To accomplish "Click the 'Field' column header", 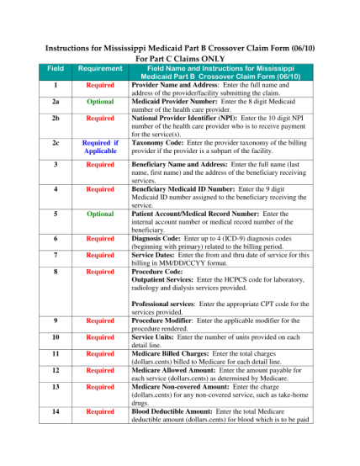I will pyautogui.click(x=55, y=68).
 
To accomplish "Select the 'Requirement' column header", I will pyautogui.click(x=100, y=68).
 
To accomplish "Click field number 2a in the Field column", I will pyautogui.click(x=55, y=101).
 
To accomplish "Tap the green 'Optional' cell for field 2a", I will pyautogui.click(x=100, y=101).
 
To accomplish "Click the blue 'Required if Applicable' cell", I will pyautogui.click(x=100, y=148).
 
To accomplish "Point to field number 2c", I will pyautogui.click(x=55, y=143).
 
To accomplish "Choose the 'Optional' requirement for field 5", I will pyautogui.click(x=100, y=214).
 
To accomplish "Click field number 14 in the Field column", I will pyautogui.click(x=55, y=411).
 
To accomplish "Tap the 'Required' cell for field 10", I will pyautogui.click(x=100, y=336).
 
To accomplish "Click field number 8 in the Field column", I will pyautogui.click(x=55, y=272).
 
